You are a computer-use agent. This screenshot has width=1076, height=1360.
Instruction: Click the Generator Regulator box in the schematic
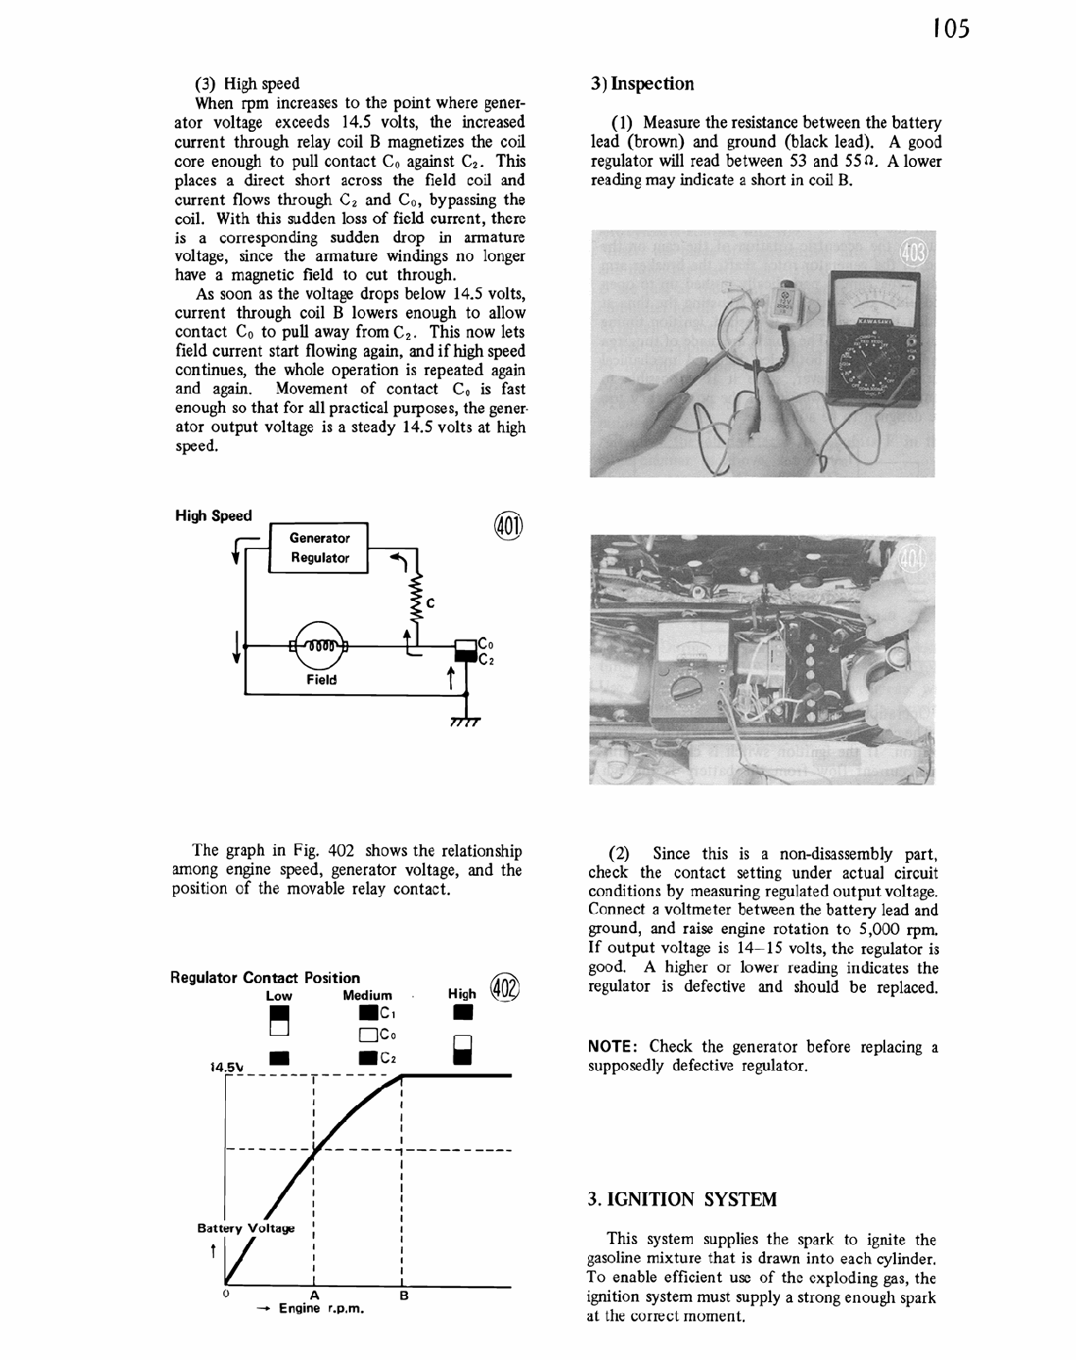tap(319, 548)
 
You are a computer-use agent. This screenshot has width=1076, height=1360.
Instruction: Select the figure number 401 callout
tap(508, 524)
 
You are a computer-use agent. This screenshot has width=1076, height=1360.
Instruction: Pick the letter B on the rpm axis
tap(403, 1296)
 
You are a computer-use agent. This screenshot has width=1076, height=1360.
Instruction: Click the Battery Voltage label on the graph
tap(245, 1227)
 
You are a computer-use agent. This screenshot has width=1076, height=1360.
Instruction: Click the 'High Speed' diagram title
tap(214, 516)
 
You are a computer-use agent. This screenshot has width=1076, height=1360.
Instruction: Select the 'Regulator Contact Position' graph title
tap(265, 978)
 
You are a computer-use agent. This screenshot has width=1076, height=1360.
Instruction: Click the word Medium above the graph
tap(367, 995)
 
